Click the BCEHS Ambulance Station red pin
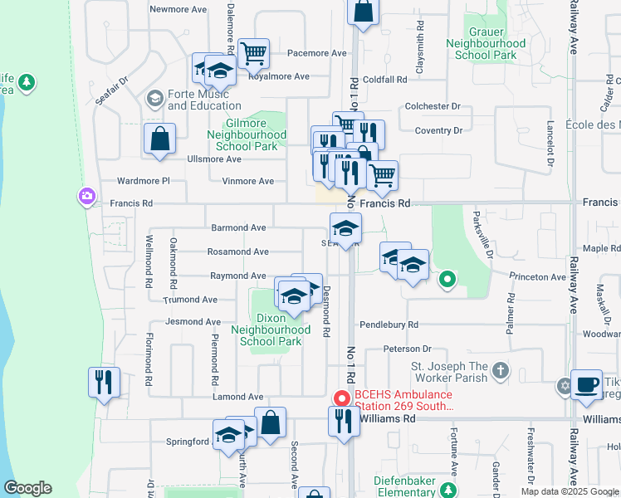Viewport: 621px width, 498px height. click(340, 398)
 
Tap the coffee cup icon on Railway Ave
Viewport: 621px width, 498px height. click(586, 384)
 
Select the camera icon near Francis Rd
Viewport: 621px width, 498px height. click(86, 197)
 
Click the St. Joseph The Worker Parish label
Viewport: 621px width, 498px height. click(449, 373)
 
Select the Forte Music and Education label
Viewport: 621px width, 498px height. click(204, 100)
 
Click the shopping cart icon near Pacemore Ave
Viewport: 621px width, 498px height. click(253, 53)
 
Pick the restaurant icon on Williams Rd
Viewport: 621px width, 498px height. click(341, 422)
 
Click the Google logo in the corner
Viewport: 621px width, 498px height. click(27, 488)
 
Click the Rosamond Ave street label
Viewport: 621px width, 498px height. click(239, 251)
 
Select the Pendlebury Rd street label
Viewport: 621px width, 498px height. click(389, 325)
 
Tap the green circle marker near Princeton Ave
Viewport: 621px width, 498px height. click(447, 280)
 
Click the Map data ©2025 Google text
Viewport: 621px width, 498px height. click(569, 491)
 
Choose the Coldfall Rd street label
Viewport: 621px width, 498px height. click(384, 81)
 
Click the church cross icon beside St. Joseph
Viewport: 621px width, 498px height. click(499, 369)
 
